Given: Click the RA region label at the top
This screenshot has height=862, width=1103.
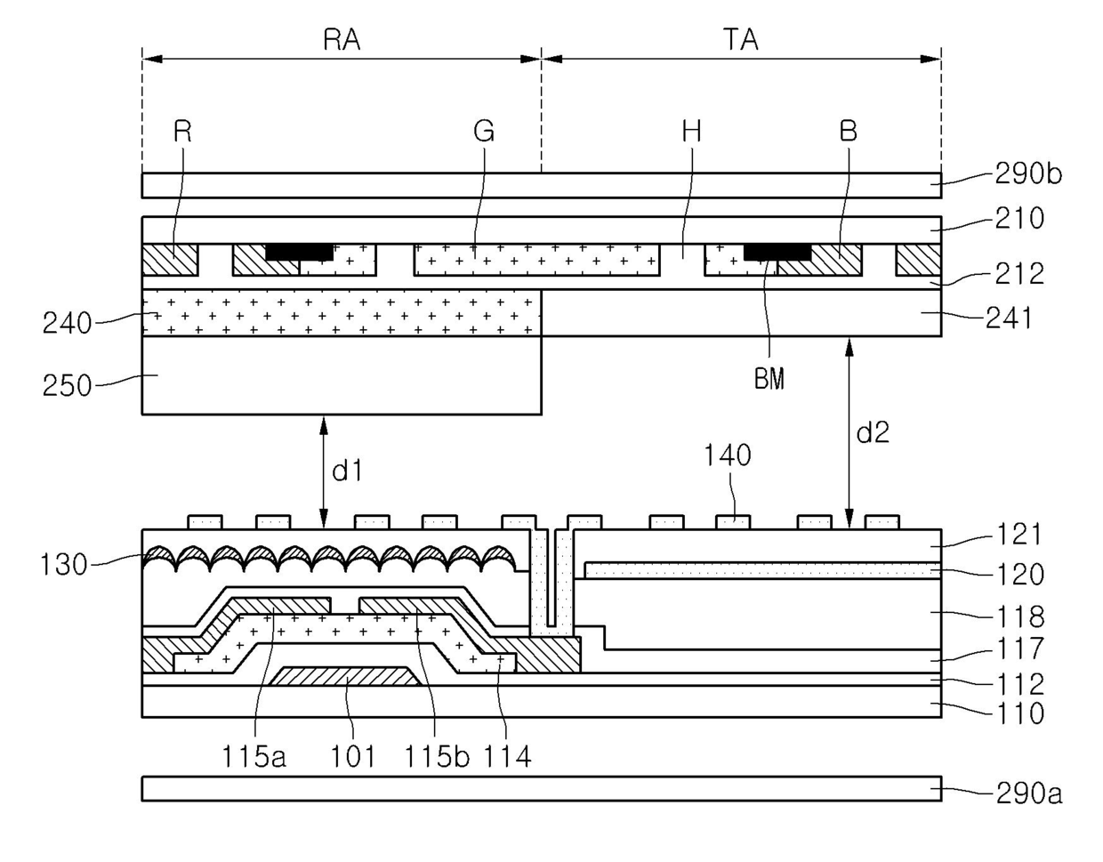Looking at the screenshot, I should pyautogui.click(x=342, y=40).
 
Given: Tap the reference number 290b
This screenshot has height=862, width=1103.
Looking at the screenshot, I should pyautogui.click(x=1028, y=173).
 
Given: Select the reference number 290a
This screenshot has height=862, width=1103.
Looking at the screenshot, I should pyautogui.click(x=1028, y=792).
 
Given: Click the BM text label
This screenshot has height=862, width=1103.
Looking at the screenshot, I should pyautogui.click(x=769, y=379).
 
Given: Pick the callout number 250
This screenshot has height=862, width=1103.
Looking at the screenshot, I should pyautogui.click(x=67, y=385).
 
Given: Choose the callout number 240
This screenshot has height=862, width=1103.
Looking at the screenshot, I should pyautogui.click(x=67, y=322).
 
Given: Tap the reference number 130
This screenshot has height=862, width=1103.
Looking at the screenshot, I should pyautogui.click(x=64, y=563).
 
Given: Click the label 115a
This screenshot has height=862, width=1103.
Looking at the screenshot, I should pyautogui.click(x=254, y=756).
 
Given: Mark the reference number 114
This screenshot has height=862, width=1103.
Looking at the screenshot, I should pyautogui.click(x=507, y=756).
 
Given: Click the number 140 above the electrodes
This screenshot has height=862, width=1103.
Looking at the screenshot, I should pyautogui.click(x=728, y=455).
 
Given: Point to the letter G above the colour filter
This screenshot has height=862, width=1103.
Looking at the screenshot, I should pyautogui.click(x=484, y=132).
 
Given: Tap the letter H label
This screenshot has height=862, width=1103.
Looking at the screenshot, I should pyautogui.click(x=691, y=132).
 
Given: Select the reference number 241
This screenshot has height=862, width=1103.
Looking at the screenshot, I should pyautogui.click(x=1009, y=317).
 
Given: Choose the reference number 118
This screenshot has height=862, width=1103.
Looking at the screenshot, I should pyautogui.click(x=1019, y=616).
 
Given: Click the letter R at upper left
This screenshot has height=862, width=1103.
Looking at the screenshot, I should pyautogui.click(x=182, y=132).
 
